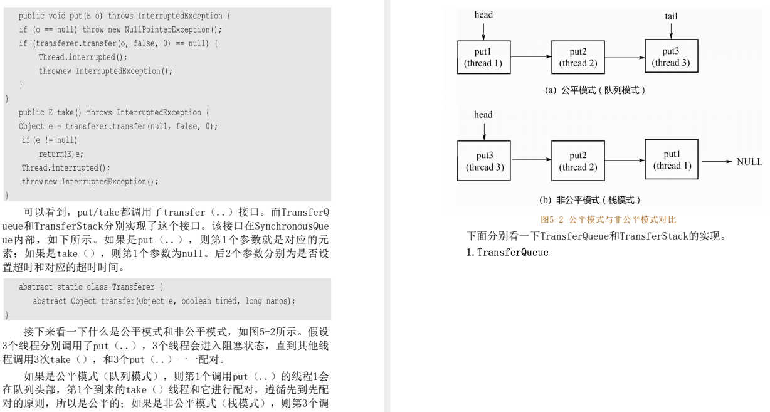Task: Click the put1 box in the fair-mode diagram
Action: [x=483, y=56]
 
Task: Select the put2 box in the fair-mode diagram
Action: [x=577, y=56]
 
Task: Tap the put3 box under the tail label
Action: [x=671, y=56]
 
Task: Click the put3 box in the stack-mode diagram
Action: [x=483, y=160]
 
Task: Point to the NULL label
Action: [x=749, y=161]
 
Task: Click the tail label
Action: [x=671, y=16]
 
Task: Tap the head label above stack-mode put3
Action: [x=483, y=115]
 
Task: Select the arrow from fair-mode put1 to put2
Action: [x=530, y=57]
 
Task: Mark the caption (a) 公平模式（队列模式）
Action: [x=595, y=90]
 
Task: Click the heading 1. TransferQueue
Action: [x=504, y=253]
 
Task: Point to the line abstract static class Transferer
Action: [x=91, y=287]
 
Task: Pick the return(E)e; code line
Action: [x=61, y=154]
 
